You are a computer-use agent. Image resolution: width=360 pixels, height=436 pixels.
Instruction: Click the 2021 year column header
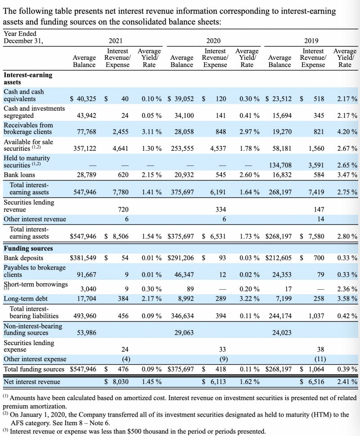click(116, 41)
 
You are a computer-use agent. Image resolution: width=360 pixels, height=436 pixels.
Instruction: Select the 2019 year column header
click(311, 41)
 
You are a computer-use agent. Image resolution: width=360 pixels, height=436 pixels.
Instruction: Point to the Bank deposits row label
click(23, 258)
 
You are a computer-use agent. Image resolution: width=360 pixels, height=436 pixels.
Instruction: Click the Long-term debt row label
click(25, 299)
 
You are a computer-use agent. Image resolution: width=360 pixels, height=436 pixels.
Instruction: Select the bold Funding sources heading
click(28, 248)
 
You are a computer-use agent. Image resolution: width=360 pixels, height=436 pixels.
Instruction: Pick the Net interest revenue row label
click(31, 382)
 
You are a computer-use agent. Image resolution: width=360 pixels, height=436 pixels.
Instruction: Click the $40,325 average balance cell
click(83, 99)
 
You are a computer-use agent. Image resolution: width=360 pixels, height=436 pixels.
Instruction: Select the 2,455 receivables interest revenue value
click(120, 132)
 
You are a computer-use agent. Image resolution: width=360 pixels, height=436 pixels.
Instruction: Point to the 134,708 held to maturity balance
click(280, 165)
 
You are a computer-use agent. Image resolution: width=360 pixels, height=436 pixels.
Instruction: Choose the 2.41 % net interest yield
click(347, 382)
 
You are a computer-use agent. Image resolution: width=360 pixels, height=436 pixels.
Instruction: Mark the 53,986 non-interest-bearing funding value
click(85, 333)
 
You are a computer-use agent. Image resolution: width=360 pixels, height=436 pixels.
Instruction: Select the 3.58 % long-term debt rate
click(347, 299)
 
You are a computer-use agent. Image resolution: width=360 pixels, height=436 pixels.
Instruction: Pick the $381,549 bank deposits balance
click(83, 258)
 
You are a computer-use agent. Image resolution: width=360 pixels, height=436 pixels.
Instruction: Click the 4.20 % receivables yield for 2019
click(347, 132)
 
